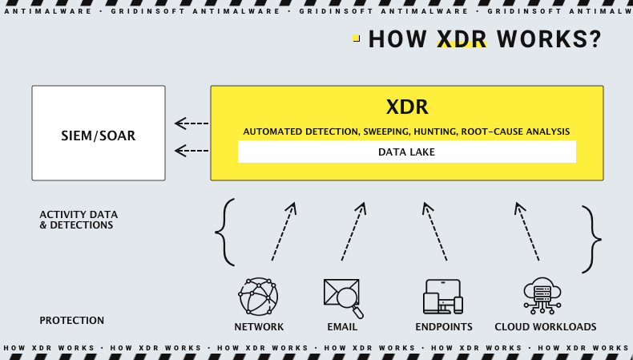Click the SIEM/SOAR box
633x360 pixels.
99,133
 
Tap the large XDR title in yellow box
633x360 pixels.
407,107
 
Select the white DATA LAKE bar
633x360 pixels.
406,152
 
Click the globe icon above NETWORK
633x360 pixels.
258,297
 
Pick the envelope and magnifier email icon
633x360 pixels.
343,297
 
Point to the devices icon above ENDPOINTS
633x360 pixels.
443,297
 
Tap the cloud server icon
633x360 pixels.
542,296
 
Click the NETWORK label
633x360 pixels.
259,327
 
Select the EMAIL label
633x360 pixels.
342,327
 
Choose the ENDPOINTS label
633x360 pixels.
444,327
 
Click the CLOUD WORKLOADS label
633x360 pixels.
546,327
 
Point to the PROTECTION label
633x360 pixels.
72,321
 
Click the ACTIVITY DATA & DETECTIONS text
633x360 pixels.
79,220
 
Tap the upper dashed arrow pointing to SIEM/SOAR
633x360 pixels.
192,123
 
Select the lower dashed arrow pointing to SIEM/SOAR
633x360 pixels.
192,150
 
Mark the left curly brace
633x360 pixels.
225,233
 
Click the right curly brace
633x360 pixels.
591,239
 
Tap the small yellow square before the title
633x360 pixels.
356,38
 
